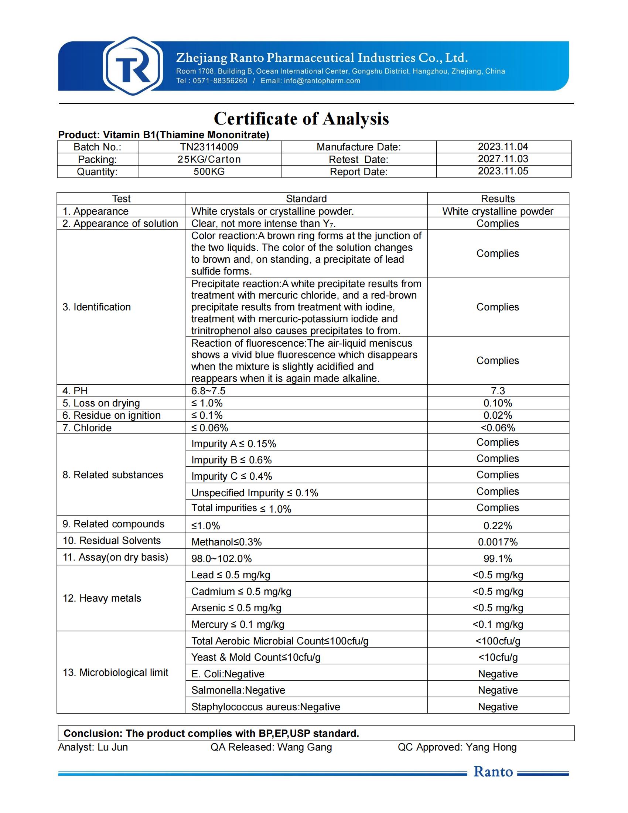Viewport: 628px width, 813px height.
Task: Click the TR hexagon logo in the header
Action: tap(133, 66)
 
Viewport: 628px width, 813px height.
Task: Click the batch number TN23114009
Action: tap(209, 147)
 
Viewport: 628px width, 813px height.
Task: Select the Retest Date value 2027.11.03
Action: tap(503, 159)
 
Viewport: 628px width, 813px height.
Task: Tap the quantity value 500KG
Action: tap(209, 171)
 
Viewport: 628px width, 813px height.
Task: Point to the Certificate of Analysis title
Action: tap(301, 119)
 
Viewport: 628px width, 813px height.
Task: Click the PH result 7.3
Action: tap(498, 391)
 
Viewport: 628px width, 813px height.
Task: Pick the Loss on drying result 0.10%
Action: tap(498, 403)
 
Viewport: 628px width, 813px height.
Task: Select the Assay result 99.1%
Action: tap(498, 558)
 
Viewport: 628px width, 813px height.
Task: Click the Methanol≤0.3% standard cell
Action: tap(226, 542)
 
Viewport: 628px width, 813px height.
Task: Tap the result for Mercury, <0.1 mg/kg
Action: tap(498, 624)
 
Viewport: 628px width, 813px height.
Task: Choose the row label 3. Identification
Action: tap(97, 307)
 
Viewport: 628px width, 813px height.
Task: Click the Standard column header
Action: tap(306, 199)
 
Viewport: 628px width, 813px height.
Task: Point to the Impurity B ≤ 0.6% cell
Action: tap(231, 460)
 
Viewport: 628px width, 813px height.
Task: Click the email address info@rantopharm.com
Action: tap(322, 81)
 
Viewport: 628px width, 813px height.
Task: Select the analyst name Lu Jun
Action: tap(113, 747)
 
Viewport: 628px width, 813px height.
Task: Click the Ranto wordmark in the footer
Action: tap(493, 772)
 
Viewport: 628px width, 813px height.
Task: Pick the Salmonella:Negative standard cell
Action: tap(238, 690)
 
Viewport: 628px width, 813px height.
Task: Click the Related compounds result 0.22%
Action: tap(498, 525)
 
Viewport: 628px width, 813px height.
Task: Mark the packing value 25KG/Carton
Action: tap(209, 159)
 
